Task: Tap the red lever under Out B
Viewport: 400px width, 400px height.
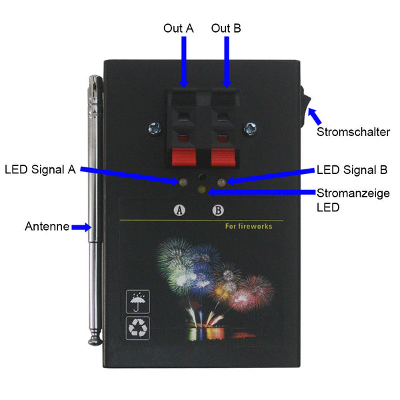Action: (x=225, y=157)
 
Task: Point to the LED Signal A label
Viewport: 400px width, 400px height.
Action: (x=39, y=169)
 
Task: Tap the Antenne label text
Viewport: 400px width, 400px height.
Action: (x=47, y=227)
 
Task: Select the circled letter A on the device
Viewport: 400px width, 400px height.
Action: (x=179, y=210)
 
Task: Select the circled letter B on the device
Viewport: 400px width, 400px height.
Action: (x=218, y=210)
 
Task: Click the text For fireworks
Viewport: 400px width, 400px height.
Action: (x=249, y=227)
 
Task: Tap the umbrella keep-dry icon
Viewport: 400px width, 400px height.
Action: (x=138, y=301)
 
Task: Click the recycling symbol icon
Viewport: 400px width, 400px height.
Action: (x=138, y=327)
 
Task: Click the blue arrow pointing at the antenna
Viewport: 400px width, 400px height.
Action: (x=81, y=227)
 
